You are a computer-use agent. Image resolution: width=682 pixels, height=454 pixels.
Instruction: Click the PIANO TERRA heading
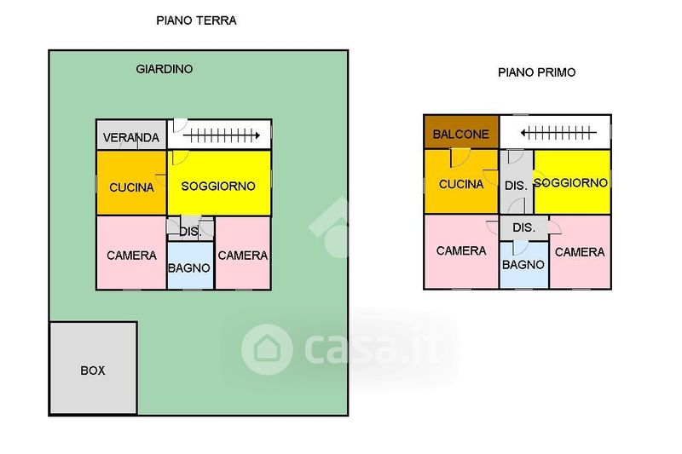point(196,21)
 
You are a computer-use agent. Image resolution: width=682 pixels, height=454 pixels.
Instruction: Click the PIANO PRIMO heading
point(536,72)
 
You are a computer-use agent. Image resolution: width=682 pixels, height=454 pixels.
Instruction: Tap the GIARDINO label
point(165,69)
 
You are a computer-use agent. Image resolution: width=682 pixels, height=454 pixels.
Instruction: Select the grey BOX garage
point(93,370)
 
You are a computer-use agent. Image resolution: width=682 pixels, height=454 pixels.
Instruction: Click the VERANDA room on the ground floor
point(130,137)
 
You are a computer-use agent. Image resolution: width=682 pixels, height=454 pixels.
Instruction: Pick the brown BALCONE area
point(461,134)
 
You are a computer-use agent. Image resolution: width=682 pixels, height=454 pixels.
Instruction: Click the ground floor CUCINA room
point(131,186)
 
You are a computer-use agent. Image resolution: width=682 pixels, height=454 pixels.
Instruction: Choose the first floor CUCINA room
point(461,183)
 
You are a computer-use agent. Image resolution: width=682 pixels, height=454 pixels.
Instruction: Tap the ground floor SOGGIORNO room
point(219,185)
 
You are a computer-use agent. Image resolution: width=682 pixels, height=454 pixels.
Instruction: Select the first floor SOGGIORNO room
point(572,182)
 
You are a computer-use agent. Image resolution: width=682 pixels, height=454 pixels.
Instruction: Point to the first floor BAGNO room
point(523,264)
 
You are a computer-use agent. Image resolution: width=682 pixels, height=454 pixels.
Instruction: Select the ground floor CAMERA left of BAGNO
point(131,255)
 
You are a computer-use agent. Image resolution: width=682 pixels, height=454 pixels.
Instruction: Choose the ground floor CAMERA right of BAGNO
point(243,255)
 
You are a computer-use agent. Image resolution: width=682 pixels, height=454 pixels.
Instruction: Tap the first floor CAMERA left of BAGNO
point(461,250)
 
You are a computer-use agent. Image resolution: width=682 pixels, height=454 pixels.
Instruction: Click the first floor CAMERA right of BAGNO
point(580,251)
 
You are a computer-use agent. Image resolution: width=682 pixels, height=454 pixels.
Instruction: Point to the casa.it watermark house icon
point(267,349)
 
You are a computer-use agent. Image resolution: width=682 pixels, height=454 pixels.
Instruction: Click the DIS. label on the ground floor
point(189,231)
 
